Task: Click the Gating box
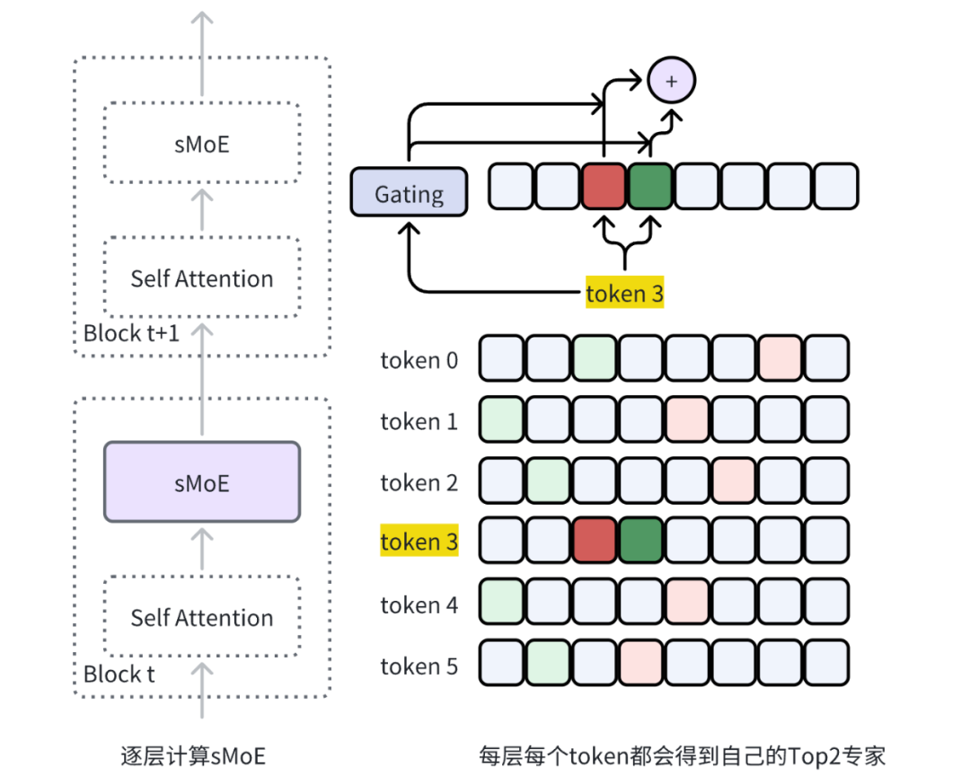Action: coord(409,192)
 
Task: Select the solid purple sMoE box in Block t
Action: coord(201,481)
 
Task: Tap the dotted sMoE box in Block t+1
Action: coord(201,143)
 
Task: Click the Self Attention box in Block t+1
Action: coord(201,277)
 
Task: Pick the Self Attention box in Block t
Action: coord(201,617)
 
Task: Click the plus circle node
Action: coord(671,81)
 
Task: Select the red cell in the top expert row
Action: coord(604,186)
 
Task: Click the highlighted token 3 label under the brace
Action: coord(624,293)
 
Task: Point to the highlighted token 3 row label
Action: coord(419,542)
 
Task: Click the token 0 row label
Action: coord(419,360)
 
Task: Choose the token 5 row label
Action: coord(419,665)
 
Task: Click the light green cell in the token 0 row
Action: coord(595,357)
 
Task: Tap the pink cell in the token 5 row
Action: coord(641,663)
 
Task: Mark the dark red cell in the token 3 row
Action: coord(595,541)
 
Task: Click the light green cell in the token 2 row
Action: coord(548,480)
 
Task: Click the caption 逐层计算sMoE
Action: coord(193,755)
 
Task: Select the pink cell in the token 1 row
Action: coord(688,418)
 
